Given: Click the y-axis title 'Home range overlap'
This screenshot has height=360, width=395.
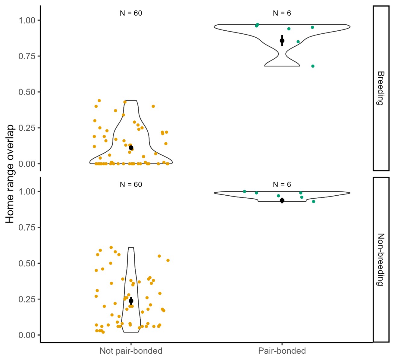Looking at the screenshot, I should tap(10, 174).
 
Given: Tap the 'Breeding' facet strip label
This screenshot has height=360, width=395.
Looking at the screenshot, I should tap(381, 88).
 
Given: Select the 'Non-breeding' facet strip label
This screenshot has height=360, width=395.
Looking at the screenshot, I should tap(381, 259).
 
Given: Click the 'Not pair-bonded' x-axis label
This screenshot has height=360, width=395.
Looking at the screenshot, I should tap(131, 351).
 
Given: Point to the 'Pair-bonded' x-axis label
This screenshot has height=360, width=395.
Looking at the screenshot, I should tap(282, 351).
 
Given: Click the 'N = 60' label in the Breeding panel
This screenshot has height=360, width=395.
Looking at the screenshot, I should tap(131, 13).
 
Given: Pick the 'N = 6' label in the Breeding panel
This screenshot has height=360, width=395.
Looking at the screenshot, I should tap(282, 13).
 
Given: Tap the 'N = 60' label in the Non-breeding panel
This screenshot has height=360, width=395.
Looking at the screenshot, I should tap(131, 185).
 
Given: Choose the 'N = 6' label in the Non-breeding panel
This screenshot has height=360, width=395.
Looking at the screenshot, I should tap(282, 185).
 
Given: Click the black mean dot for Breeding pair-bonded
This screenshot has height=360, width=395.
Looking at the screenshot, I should tap(282, 41).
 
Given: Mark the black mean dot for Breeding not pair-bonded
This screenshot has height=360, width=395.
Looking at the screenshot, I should tap(131, 148).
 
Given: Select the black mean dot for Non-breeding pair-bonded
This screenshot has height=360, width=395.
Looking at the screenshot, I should tap(282, 200).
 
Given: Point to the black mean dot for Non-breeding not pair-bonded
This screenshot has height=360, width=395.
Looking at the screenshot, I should tap(131, 301).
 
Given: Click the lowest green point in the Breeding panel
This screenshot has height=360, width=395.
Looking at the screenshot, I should tap(313, 66).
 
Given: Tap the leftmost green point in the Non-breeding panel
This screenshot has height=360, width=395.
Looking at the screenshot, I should tap(244, 191).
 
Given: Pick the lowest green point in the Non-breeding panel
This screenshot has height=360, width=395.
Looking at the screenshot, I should tap(313, 202).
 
